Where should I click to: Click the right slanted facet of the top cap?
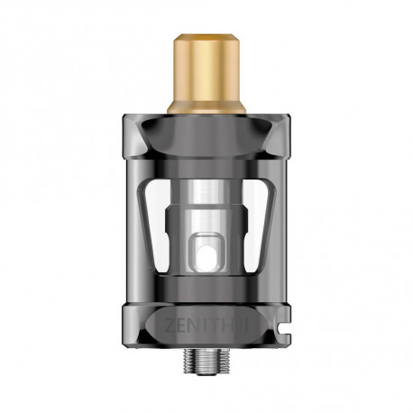point(267,145)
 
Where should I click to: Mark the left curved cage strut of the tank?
point(140,225)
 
